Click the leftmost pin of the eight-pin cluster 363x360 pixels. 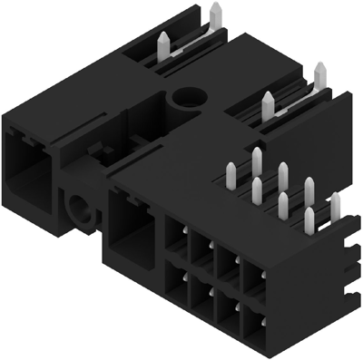231,173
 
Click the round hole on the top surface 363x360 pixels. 190,97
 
